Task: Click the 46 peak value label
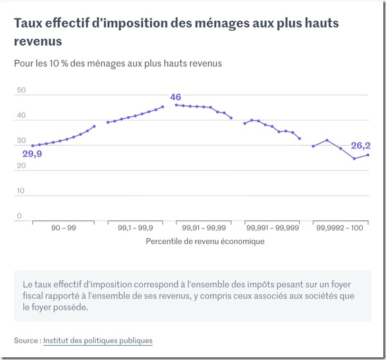coord(175,98)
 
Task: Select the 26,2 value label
coord(360,146)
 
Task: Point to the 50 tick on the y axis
coord(21,91)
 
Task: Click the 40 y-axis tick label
coord(21,116)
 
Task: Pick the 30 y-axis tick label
coord(21,141)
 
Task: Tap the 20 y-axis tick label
coord(21,166)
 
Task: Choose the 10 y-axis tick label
coord(21,191)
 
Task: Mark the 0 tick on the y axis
coord(19,216)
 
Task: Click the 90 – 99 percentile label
coord(62,228)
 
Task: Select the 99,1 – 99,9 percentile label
coord(135,228)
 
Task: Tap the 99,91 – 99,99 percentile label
coord(204,228)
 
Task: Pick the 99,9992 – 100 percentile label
coord(340,228)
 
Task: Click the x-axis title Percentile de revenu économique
coord(205,242)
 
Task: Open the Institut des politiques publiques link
coord(98,340)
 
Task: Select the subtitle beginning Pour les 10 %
coord(118,64)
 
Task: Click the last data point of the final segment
coord(368,155)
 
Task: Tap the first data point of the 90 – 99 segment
coord(33,145)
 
